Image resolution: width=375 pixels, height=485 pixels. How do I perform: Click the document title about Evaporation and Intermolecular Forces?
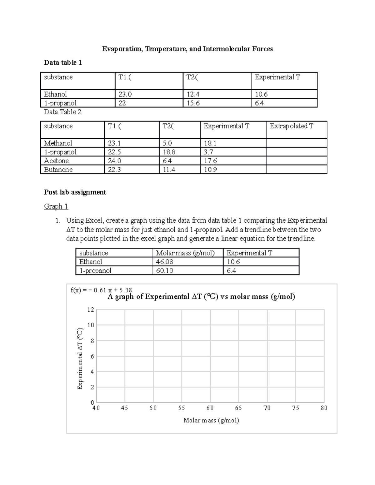[x=187, y=49]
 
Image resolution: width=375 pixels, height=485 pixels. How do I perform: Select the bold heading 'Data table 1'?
[x=63, y=63]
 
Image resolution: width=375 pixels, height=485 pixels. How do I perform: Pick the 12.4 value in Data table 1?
[x=193, y=94]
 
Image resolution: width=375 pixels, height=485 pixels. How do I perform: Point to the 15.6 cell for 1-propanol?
[x=193, y=103]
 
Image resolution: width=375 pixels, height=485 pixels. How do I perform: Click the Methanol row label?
[x=58, y=143]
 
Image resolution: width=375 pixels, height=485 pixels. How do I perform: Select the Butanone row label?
[x=58, y=170]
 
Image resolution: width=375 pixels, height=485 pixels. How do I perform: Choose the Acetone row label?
[x=56, y=161]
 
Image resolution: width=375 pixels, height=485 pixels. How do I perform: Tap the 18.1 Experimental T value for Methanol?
[x=210, y=143]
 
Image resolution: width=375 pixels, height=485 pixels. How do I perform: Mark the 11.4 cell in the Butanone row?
[x=169, y=170]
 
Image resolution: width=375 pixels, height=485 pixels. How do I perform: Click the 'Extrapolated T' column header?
[x=291, y=126]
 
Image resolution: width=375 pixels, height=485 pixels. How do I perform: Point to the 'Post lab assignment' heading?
[x=75, y=192]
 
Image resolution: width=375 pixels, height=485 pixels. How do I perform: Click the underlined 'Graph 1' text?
[x=56, y=206]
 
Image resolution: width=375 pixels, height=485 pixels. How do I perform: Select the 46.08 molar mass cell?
[x=165, y=262]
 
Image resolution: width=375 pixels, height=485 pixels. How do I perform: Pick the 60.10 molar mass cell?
[x=165, y=271]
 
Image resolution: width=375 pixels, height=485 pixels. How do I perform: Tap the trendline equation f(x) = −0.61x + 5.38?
[x=101, y=290]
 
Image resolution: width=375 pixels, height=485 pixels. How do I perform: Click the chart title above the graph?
[x=201, y=297]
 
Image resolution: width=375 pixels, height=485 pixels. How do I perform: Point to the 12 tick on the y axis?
[x=91, y=310]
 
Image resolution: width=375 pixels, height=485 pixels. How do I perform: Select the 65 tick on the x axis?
[x=238, y=408]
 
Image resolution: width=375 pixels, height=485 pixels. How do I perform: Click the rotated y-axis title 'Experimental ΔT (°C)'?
[x=80, y=359]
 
